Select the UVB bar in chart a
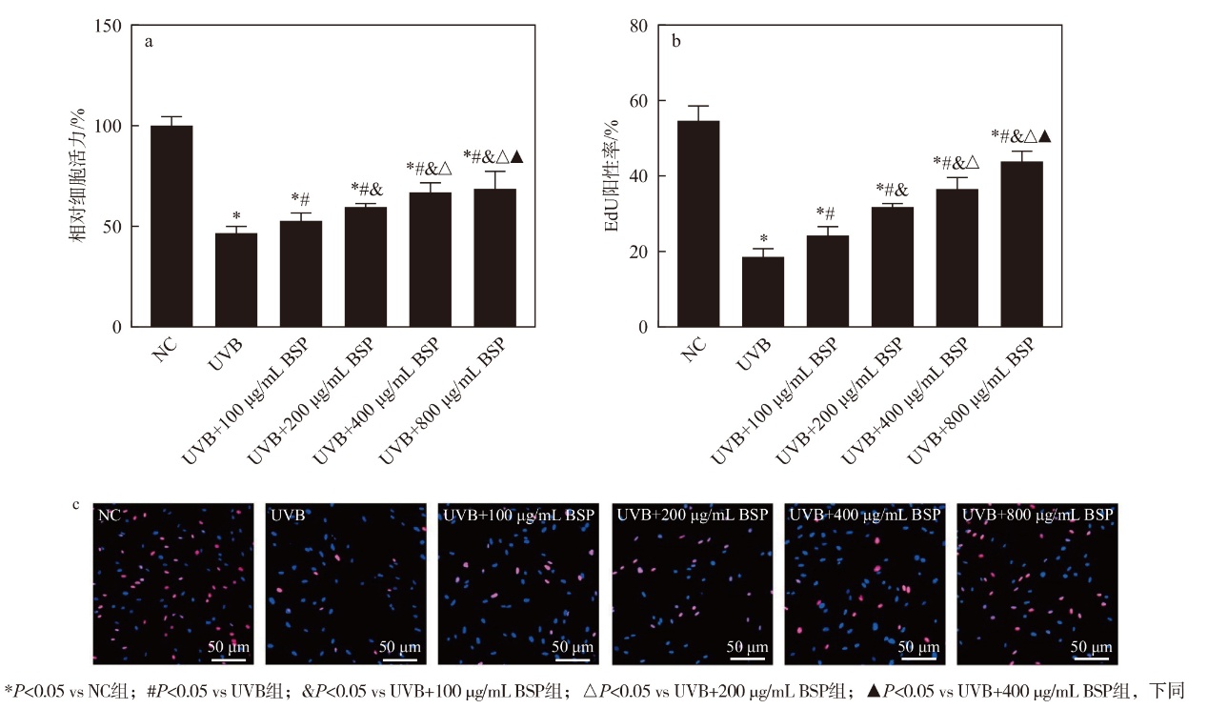coord(235,280)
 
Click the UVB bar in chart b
coord(762,292)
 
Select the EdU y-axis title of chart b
coord(615,176)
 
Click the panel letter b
coord(677,41)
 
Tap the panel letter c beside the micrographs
coord(76,505)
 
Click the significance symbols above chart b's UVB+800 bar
coord(1020,136)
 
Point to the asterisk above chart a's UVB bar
coord(235,216)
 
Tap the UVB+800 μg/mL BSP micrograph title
coord(1037,515)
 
